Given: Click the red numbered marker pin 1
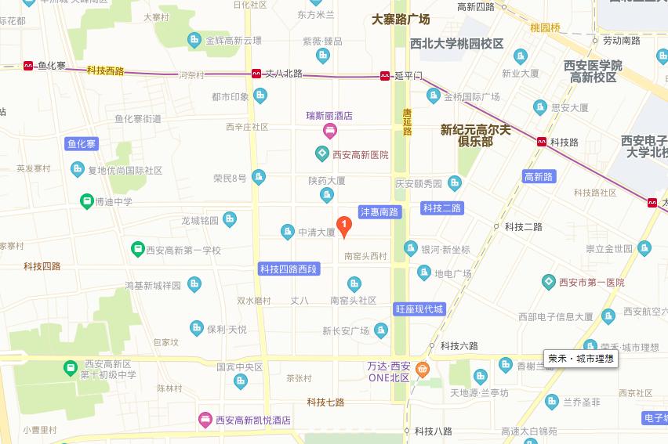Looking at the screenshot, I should pos(343,225).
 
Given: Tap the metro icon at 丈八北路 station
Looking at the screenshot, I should pos(256,74).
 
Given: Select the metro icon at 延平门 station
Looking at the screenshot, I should pos(385,76).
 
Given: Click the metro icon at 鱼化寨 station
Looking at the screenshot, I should pos(29,66).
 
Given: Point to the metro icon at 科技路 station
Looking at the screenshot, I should pos(542,142).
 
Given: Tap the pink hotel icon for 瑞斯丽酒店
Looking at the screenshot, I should pos(329,129).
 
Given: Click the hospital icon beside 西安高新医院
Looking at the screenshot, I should pos(321,154).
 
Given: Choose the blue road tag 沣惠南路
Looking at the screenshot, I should pos(380,212).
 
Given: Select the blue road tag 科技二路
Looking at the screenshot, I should pos(442,208).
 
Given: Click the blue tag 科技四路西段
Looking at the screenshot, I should pos(290,269).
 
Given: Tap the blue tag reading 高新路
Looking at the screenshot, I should pos(539,177).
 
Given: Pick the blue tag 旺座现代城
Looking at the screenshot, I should pos(419,309).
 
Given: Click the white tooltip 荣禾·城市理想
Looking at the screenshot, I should pos(581,359).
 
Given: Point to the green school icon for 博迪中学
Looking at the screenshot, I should pos(85,201).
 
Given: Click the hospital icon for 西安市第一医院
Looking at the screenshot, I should pos(549,282).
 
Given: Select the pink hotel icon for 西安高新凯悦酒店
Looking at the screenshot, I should pos(205,420).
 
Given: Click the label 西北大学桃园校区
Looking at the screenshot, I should pos(456,45).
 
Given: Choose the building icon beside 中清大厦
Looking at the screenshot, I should pos(288,232).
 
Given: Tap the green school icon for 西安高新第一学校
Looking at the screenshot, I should pos(137,250).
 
